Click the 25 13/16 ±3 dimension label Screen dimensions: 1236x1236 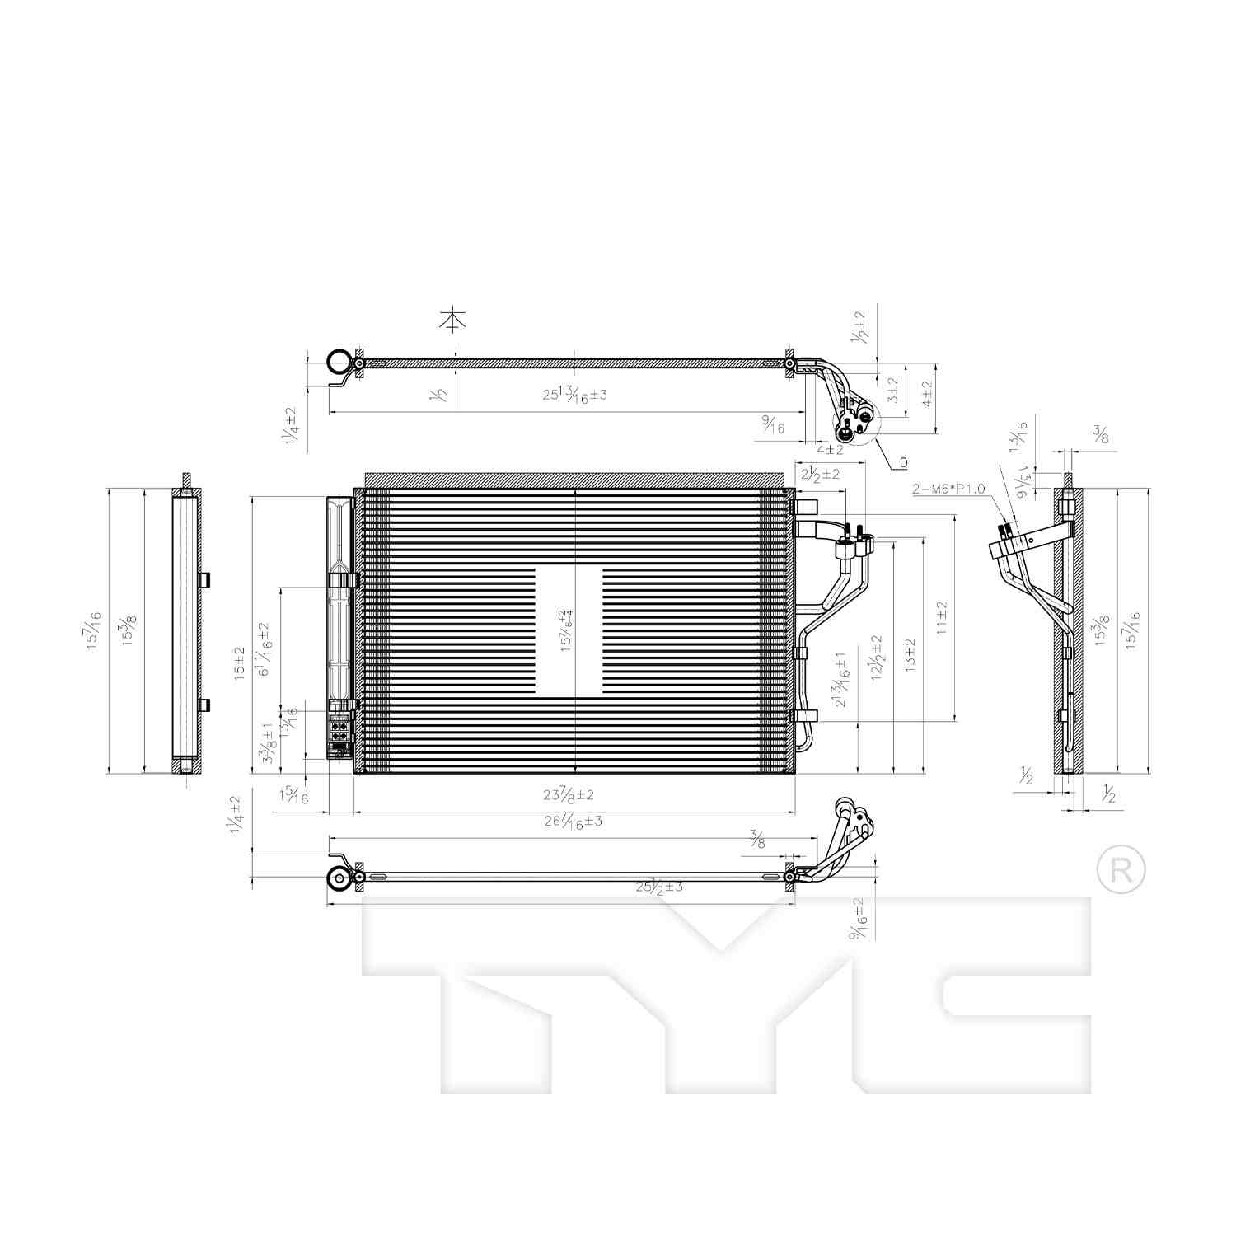(574, 394)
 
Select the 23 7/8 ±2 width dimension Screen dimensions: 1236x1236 (569, 795)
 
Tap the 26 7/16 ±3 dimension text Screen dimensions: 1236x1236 (573, 821)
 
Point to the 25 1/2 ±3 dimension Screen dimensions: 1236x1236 (659, 887)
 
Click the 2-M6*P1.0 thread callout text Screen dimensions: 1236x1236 (948, 489)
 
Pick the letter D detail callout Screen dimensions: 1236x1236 (903, 463)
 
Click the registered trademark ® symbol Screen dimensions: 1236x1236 (1121, 870)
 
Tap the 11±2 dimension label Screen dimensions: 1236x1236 (942, 617)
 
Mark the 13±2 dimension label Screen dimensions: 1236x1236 (910, 656)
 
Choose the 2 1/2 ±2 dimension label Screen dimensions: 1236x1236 (819, 475)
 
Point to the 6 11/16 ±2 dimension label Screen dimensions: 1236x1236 (265, 648)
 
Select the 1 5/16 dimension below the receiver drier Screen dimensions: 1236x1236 (294, 796)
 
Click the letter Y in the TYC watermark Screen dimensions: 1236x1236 (719, 997)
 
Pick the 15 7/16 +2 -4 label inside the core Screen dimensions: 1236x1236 (566, 631)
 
